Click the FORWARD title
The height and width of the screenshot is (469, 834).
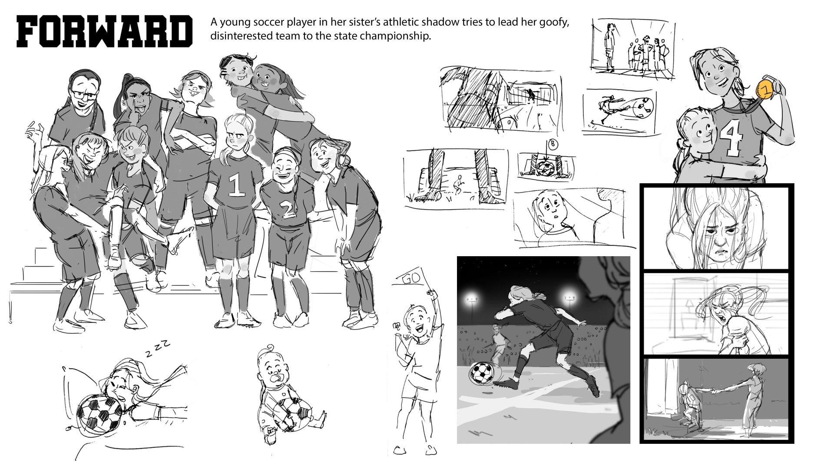(x=104, y=31)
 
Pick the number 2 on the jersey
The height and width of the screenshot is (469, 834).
(x=286, y=209)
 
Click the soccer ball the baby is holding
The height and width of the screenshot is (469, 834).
(x=295, y=415)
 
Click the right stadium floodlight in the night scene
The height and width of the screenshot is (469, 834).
(x=569, y=298)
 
